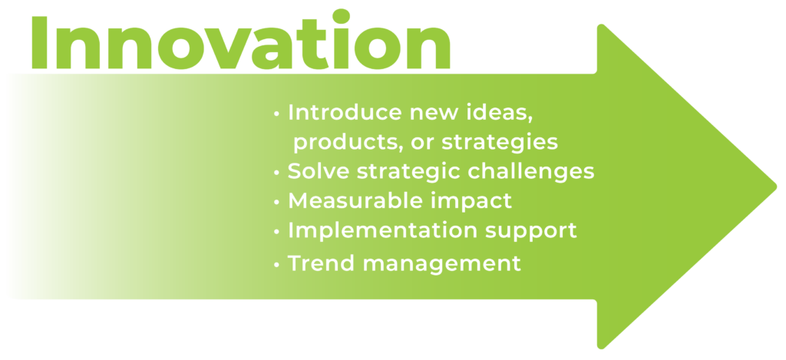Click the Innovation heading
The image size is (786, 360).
(240, 39)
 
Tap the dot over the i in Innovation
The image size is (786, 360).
(342, 16)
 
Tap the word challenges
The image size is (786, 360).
(531, 172)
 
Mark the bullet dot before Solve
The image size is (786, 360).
(276, 173)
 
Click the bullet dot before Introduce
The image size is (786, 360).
(276, 114)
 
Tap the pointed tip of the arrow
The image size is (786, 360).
(777, 187)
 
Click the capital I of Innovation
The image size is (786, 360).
(39, 43)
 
